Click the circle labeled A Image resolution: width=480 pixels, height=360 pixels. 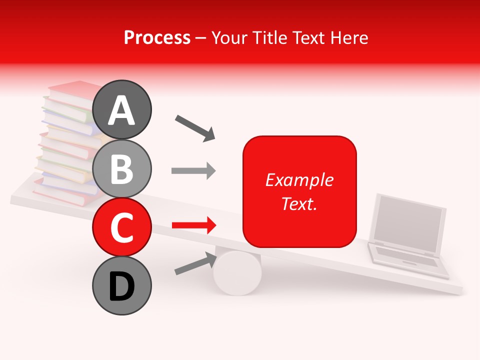[122, 109]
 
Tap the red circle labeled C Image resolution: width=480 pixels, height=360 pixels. [122, 227]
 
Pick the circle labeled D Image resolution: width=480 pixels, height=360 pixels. [122, 285]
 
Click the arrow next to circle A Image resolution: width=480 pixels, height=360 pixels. [195, 128]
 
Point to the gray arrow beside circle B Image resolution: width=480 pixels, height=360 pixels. [193, 171]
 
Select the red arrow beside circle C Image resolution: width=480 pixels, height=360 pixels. [193, 225]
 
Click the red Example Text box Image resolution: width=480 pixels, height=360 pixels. [299, 191]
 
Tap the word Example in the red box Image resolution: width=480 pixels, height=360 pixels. [299, 180]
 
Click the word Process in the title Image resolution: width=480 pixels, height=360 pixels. [157, 38]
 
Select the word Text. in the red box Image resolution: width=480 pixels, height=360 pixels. [299, 203]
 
